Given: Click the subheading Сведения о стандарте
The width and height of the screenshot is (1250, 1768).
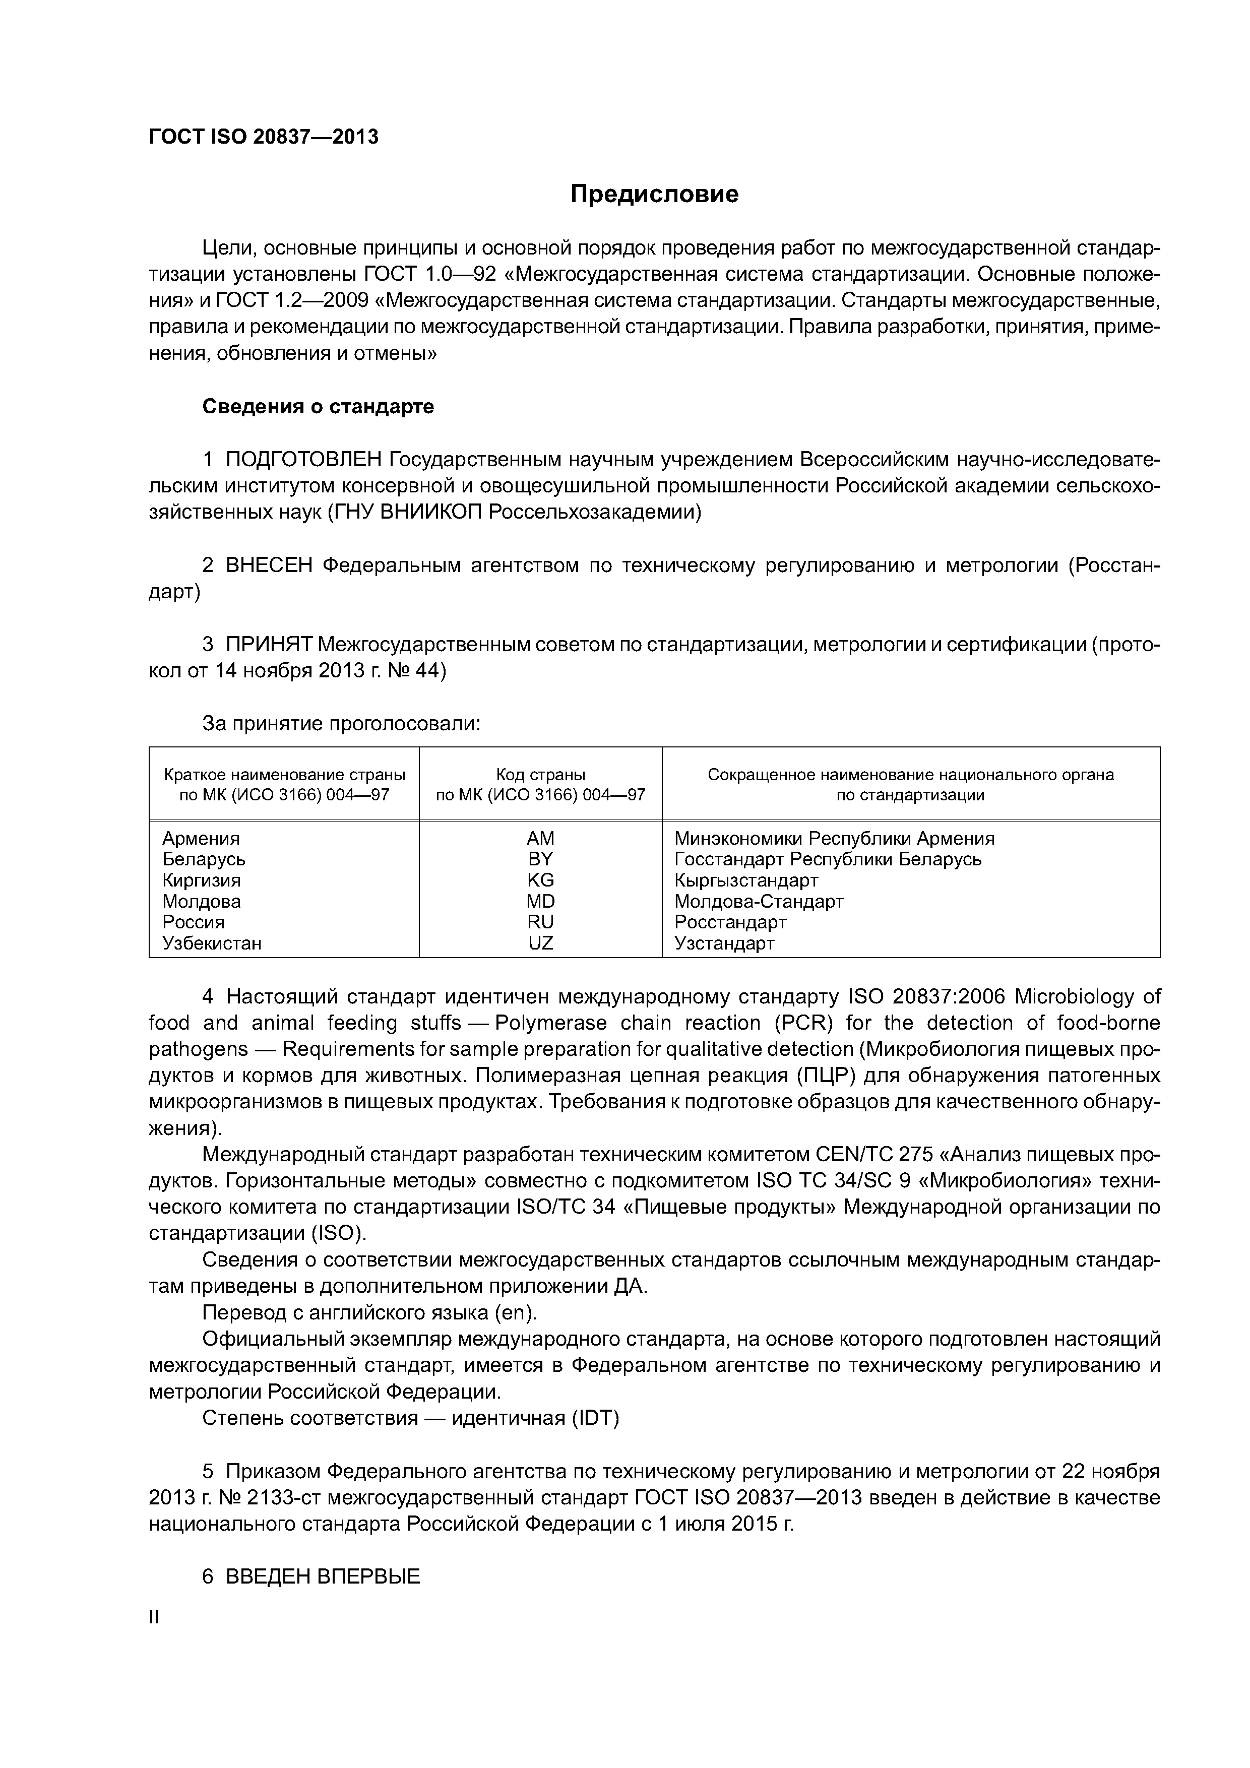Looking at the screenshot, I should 318,407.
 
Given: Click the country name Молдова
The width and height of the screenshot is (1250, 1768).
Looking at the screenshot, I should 201,902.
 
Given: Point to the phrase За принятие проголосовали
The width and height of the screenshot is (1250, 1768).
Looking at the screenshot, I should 341,724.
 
